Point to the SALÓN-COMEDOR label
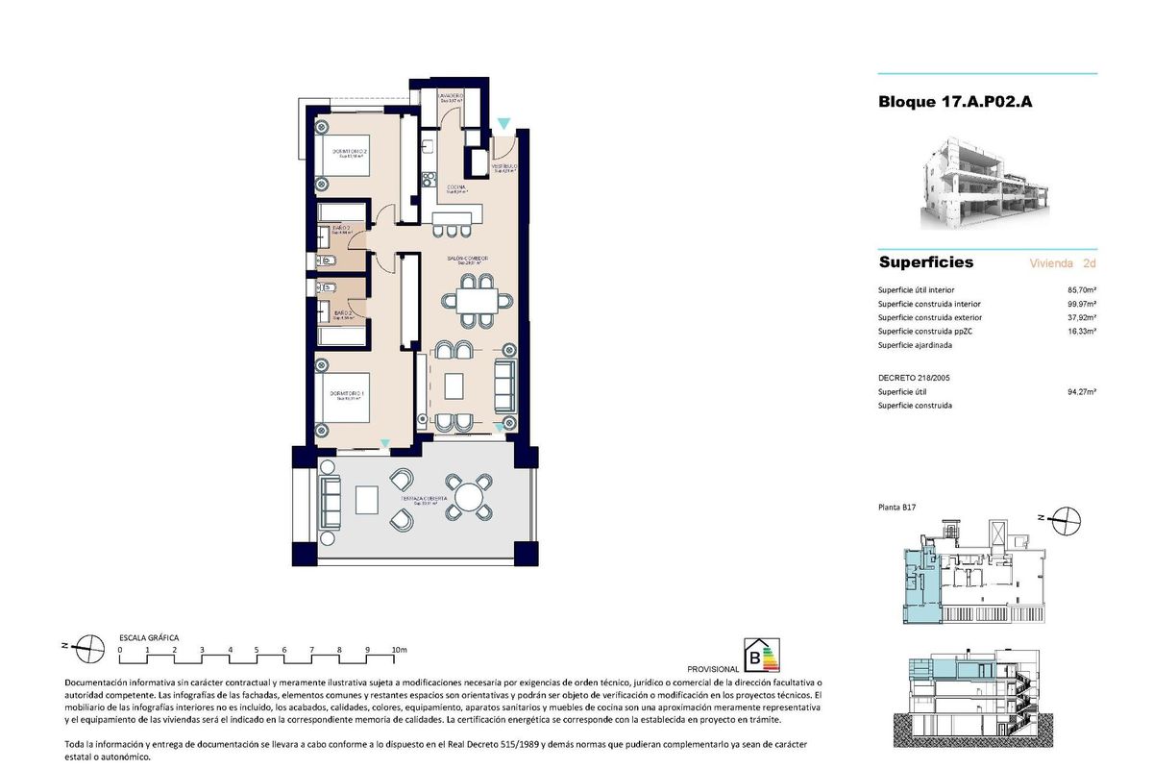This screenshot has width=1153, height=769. [x=468, y=259]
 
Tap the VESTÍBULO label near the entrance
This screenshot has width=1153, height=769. [x=505, y=167]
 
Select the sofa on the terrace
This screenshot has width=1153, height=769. [x=331, y=498]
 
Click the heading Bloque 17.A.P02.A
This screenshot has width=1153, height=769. [x=954, y=102]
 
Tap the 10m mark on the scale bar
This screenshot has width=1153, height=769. [x=399, y=650]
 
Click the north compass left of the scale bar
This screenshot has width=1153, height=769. [x=89, y=649]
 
